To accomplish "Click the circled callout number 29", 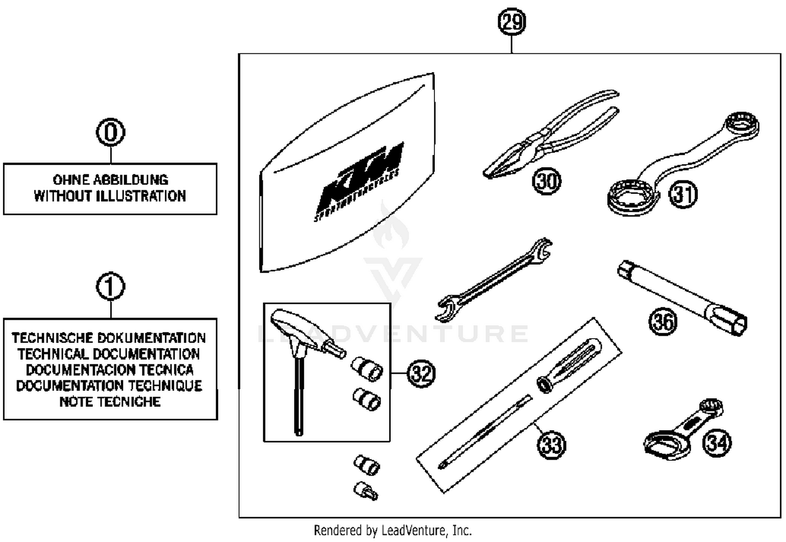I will (511, 22).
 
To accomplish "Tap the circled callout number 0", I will (111, 133).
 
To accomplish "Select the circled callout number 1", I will (111, 287).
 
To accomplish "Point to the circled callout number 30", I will (547, 181).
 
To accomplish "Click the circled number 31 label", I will (683, 194).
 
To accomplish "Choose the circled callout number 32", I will (422, 374).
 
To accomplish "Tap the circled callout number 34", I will (717, 442).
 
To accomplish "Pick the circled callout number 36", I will (663, 321).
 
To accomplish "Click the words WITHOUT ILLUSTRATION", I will (110, 196).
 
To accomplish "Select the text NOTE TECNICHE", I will (110, 402).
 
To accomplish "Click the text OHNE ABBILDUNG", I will (111, 180).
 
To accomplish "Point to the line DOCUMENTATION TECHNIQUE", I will (110, 386).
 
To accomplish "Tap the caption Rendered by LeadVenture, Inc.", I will (392, 530).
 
